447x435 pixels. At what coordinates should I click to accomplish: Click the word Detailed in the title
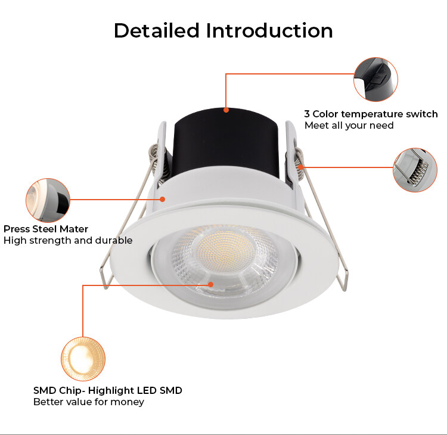pyautogui.click(x=157, y=30)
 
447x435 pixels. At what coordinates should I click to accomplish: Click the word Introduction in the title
pyautogui.click(x=269, y=30)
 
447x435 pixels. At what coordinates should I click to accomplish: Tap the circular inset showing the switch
pyautogui.click(x=375, y=79)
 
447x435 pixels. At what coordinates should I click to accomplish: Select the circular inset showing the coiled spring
pyautogui.click(x=415, y=170)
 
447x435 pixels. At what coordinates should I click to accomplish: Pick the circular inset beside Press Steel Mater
pyautogui.click(x=48, y=200)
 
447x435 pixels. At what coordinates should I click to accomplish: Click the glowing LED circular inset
pyautogui.click(x=83, y=359)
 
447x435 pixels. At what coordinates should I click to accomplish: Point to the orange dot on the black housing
pyautogui.click(x=226, y=110)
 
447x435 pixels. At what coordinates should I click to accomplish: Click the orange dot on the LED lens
pyautogui.click(x=210, y=284)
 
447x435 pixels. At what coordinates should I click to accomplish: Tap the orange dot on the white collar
pyautogui.click(x=163, y=199)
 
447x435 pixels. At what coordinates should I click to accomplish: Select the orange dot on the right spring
pyautogui.click(x=301, y=166)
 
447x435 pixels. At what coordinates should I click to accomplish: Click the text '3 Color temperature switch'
pyautogui.click(x=371, y=114)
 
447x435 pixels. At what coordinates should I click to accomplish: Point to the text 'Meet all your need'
pyautogui.click(x=349, y=125)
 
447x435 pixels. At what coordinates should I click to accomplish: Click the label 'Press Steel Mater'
pyautogui.click(x=46, y=229)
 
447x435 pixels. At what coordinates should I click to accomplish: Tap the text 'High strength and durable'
pyautogui.click(x=68, y=240)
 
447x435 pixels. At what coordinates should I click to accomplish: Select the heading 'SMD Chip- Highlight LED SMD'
pyautogui.click(x=108, y=390)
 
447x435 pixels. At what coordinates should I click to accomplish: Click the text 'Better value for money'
pyautogui.click(x=89, y=402)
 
